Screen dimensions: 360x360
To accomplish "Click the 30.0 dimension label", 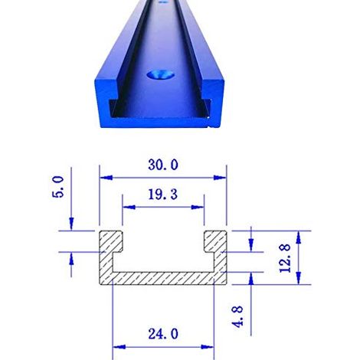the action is (x=163, y=165).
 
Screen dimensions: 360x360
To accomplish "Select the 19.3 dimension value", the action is (x=163, y=195).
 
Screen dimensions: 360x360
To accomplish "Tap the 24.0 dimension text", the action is (x=163, y=334).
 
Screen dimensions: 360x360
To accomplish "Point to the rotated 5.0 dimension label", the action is (x=57, y=187).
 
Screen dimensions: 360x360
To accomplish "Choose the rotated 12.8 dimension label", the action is (x=285, y=258).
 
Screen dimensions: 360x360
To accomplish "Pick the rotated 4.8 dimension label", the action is (x=237, y=317).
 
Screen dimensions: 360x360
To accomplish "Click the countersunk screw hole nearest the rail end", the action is (x=161, y=75).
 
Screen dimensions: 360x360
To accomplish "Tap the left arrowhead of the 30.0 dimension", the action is (x=106, y=178).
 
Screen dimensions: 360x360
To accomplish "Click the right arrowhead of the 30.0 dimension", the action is (x=220, y=178).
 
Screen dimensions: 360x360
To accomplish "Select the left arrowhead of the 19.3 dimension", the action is (x=129, y=207).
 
